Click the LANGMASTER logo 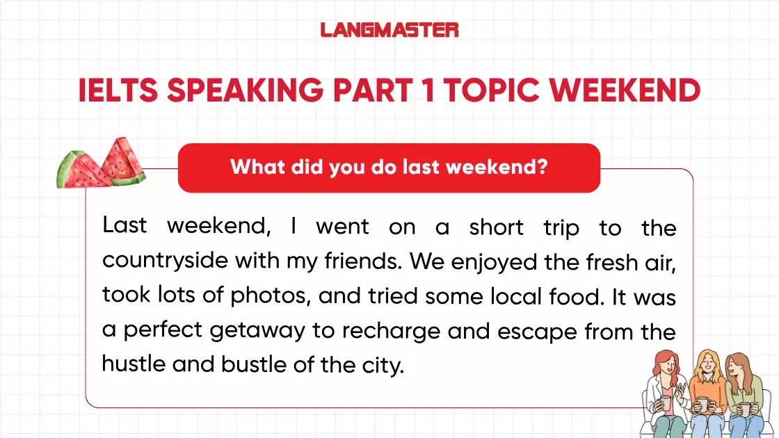[389, 30]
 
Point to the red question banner [389, 168]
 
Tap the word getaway [257, 330]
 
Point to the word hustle [133, 363]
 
